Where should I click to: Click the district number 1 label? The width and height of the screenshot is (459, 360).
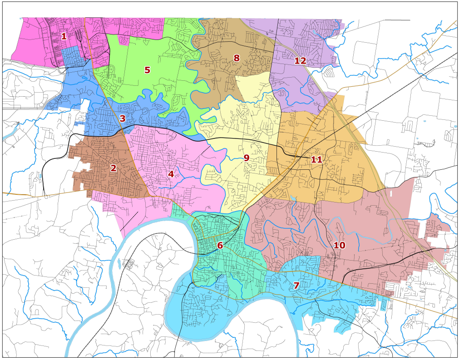pyautogui.click(x=64, y=36)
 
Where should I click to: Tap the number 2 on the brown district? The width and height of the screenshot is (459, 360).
pyautogui.click(x=113, y=168)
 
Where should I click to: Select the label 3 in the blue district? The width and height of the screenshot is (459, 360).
pyautogui.click(x=122, y=118)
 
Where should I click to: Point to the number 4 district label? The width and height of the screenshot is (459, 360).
pyautogui.click(x=171, y=174)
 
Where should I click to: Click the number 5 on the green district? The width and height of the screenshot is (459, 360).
pyautogui.click(x=147, y=70)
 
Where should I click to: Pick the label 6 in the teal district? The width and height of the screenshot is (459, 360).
pyautogui.click(x=220, y=246)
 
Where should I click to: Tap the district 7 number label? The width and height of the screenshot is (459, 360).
pyautogui.click(x=296, y=286)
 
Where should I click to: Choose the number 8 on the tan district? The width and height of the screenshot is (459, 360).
pyautogui.click(x=236, y=58)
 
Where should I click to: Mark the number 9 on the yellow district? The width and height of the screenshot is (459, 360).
pyautogui.click(x=246, y=158)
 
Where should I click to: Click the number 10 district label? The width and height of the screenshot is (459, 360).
pyautogui.click(x=339, y=245)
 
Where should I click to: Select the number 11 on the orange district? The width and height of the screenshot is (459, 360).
pyautogui.click(x=316, y=160)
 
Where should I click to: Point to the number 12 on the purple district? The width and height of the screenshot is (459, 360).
pyautogui.click(x=300, y=61)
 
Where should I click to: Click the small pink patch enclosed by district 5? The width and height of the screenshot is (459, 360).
pyautogui.click(x=123, y=40)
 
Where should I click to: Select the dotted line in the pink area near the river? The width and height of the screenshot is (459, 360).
pyautogui.click(x=129, y=222)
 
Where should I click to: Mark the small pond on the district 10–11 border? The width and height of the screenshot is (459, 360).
pyautogui.click(x=294, y=198)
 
